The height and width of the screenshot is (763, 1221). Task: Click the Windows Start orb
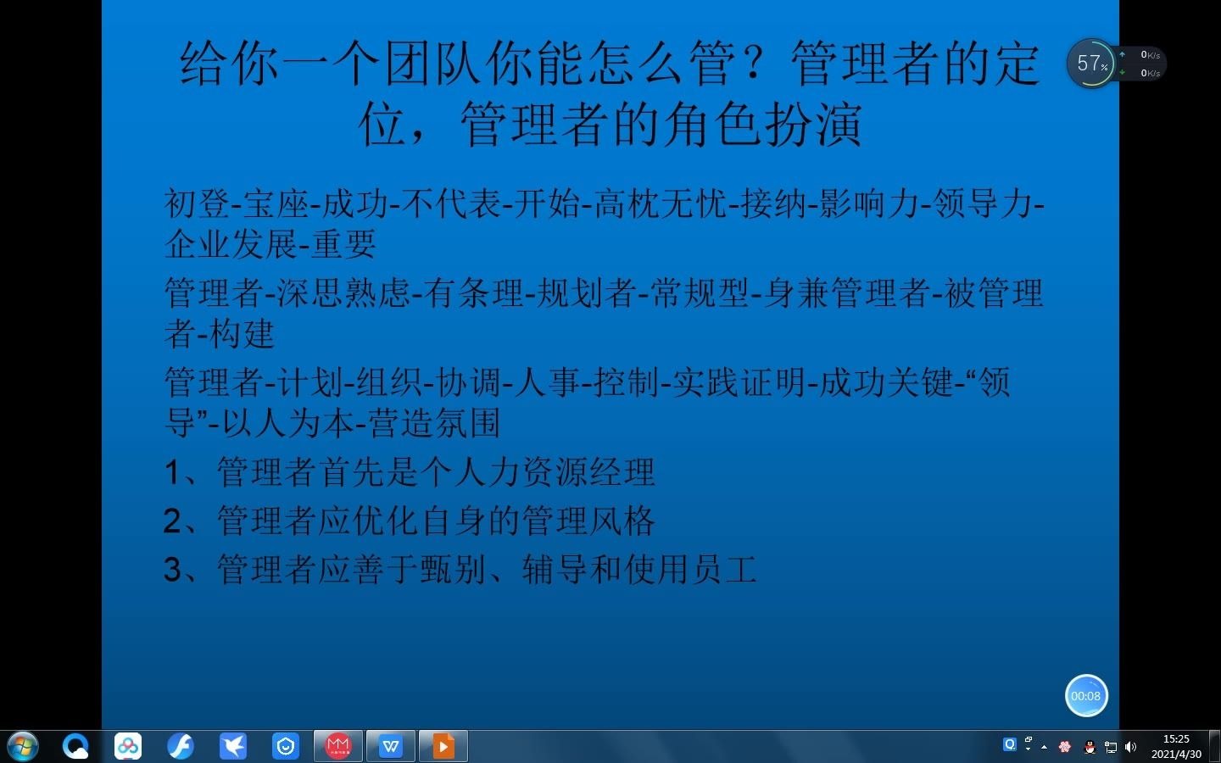point(23,747)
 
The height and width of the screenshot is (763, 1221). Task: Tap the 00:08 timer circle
point(1086,696)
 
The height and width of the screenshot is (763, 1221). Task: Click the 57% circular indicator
point(1090,63)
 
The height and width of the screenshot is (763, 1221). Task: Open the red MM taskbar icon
point(337,746)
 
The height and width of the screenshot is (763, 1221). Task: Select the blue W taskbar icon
point(390,746)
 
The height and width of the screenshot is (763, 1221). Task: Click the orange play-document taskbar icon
point(443,746)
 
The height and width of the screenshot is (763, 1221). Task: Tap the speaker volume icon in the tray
point(1130,747)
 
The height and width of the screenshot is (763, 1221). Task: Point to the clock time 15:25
point(1176,739)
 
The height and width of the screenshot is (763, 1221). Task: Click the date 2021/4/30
point(1176,754)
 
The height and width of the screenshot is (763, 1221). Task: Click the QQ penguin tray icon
point(1090,747)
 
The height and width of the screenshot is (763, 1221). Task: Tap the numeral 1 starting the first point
point(172,472)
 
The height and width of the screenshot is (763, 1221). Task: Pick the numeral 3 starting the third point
point(172,570)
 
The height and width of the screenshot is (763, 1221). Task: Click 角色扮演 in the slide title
point(762,125)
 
